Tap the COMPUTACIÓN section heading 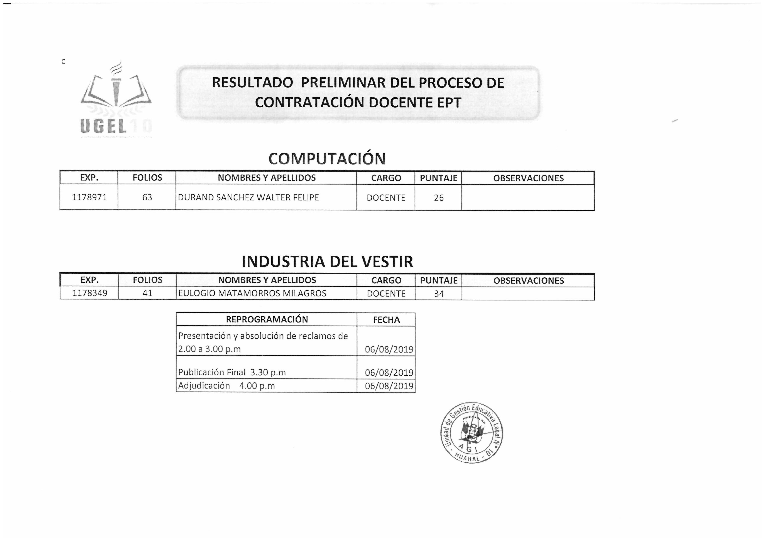pyautogui.click(x=327, y=159)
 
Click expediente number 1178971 pyautogui.click(x=89, y=197)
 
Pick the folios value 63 pyautogui.click(x=147, y=197)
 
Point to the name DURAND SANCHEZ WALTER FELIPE pyautogui.click(x=248, y=197)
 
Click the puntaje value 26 pyautogui.click(x=439, y=198)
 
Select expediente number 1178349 pyautogui.click(x=90, y=293)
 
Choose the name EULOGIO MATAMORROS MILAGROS pyautogui.click(x=252, y=293)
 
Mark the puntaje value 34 pyautogui.click(x=439, y=294)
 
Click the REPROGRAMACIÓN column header pyautogui.click(x=267, y=319)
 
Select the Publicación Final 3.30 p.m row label pyautogui.click(x=232, y=372)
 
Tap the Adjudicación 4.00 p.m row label pyautogui.click(x=226, y=386)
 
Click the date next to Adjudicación pyautogui.click(x=389, y=386)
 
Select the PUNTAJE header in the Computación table pyautogui.click(x=439, y=178)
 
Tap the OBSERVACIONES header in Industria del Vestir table pyautogui.click(x=528, y=280)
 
